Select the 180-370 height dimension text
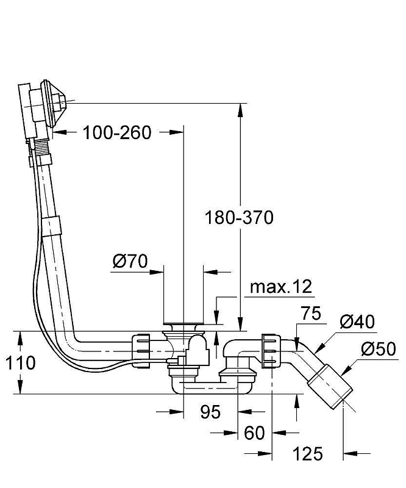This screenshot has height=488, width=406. pyautogui.click(x=239, y=217)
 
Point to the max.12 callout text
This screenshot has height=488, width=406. pyautogui.click(x=281, y=287)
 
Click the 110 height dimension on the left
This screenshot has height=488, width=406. pyautogui.click(x=20, y=363)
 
